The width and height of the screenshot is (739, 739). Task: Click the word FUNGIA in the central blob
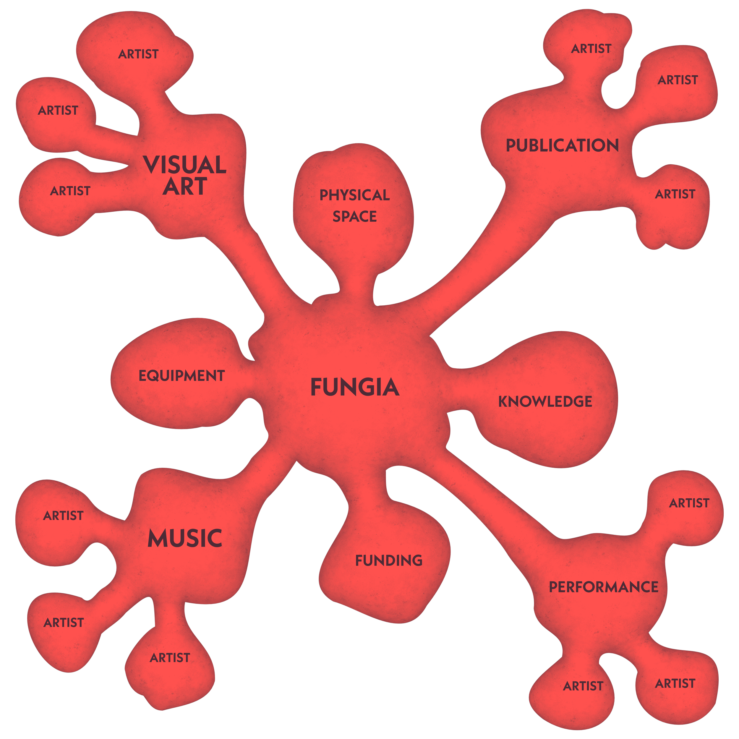355,387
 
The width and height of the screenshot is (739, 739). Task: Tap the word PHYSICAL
355,195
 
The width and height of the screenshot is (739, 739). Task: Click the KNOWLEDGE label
545,402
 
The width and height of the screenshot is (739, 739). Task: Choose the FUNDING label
389,561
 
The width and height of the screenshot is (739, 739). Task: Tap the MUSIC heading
185,539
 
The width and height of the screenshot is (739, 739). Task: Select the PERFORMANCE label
604,587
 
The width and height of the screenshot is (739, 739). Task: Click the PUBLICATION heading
562,146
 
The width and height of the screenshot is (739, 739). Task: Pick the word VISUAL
185,165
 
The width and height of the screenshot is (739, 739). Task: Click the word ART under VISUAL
185,187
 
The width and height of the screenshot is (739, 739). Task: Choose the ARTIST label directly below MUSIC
170,658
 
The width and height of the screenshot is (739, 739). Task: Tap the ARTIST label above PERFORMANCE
689,503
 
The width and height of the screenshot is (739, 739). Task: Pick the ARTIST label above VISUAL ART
138,54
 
